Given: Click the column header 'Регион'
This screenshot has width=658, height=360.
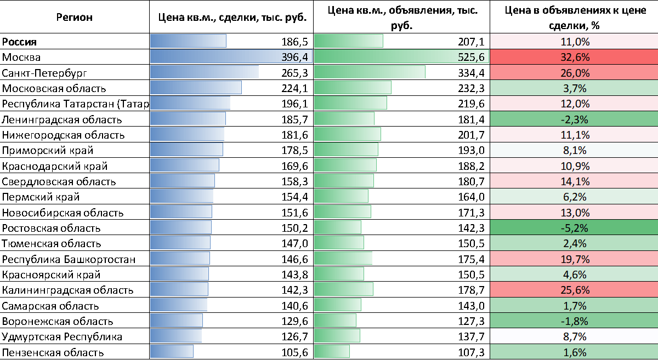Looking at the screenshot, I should (x=75, y=17).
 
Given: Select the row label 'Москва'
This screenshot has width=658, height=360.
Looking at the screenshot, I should (x=21, y=57).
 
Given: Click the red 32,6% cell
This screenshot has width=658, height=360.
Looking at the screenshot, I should (x=574, y=57).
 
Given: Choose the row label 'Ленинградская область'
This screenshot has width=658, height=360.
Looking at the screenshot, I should (x=62, y=119).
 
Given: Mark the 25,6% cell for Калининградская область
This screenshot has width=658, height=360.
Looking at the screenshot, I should (x=574, y=290).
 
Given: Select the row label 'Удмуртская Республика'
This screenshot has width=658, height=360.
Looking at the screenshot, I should (x=63, y=337).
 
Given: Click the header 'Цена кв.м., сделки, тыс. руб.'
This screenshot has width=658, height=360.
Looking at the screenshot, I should (x=232, y=17).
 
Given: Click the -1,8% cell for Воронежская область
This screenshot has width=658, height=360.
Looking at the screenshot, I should (x=574, y=322).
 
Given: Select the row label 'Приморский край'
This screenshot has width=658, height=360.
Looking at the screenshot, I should (x=48, y=151).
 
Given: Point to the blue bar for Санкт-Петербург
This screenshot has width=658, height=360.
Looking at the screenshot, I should (x=204, y=73).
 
